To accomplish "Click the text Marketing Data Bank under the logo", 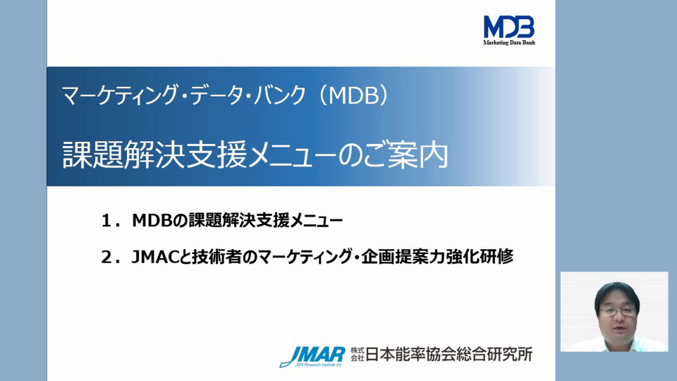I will pos(508,43).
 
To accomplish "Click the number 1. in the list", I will pos(109,222).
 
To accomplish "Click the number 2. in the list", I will pos(109,257).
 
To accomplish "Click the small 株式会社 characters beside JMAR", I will pos(357,354).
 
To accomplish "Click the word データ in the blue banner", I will pos(197,95).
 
